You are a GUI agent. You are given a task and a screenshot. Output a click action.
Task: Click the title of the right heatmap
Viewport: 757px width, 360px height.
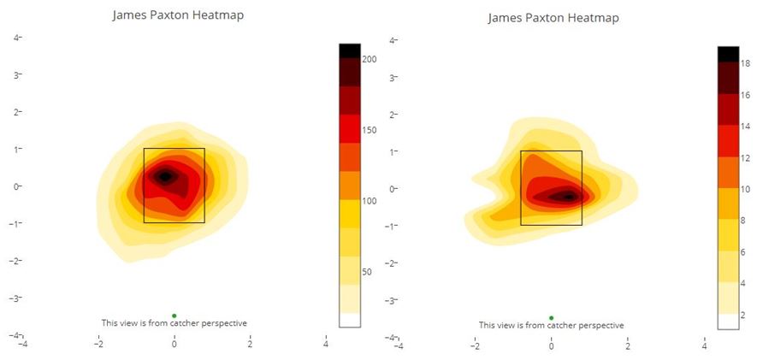[x=553, y=18]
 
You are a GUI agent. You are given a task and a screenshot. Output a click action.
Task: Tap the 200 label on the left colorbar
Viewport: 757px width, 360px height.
[x=370, y=59]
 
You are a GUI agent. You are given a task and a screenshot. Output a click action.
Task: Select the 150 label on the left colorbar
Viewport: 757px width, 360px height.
[x=370, y=130]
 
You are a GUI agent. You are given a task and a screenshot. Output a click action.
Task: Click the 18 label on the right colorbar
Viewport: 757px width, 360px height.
[x=745, y=63]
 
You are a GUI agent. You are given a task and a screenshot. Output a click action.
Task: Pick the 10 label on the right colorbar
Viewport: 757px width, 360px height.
[x=745, y=189]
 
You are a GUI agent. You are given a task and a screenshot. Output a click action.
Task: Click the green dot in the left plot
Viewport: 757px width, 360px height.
[x=174, y=316]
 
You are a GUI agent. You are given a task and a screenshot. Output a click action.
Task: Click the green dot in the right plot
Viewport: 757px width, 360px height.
[x=551, y=318]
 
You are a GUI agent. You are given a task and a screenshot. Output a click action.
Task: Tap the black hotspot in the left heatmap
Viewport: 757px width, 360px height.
[x=167, y=176]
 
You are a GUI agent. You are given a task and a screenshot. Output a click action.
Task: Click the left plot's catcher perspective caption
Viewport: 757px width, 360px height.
[x=174, y=323]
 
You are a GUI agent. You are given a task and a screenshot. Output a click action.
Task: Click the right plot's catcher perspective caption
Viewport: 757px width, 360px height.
[x=551, y=326]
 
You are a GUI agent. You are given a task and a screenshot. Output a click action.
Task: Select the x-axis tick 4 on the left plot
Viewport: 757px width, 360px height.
[x=326, y=345]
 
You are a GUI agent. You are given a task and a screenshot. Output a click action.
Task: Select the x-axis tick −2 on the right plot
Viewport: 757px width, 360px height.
[x=475, y=347]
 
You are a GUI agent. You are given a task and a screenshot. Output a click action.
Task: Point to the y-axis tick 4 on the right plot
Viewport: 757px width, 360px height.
[x=393, y=40]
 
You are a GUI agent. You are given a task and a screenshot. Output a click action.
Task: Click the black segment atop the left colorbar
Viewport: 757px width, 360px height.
[x=349, y=50]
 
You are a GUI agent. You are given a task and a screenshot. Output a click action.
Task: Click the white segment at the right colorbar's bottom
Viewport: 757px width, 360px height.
[x=727, y=322]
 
